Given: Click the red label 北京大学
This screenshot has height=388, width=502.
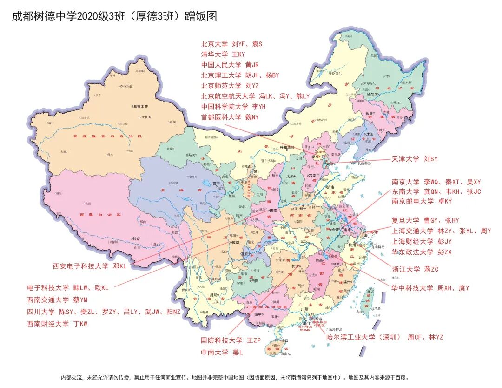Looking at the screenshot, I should click(x=214, y=44).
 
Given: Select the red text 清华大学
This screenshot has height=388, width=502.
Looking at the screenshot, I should click(x=214, y=54).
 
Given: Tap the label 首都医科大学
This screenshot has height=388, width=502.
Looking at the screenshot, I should click(x=221, y=117).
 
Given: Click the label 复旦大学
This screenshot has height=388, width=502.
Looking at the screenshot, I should click(x=405, y=220).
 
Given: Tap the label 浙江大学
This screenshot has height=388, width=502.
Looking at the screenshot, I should click(x=405, y=269).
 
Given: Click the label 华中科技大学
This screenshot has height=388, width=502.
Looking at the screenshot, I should click(x=412, y=288).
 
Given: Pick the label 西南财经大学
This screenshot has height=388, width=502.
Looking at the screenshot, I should click(x=48, y=324).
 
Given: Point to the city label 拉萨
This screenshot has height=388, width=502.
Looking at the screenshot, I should click(x=136, y=238).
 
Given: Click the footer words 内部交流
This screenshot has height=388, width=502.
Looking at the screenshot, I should click(x=72, y=377).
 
